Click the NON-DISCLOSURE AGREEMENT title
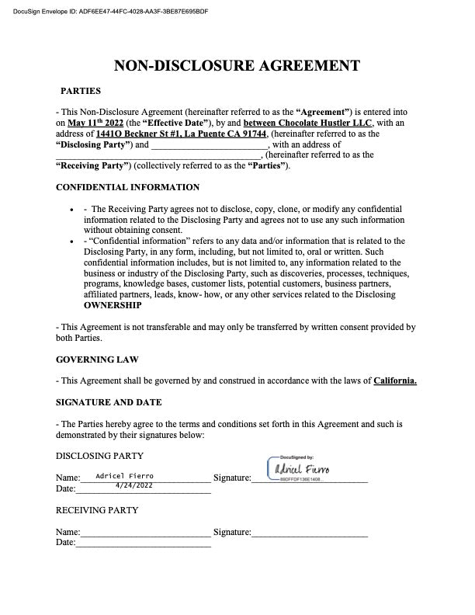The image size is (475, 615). (x=237, y=66)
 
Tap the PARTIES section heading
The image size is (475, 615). (x=81, y=91)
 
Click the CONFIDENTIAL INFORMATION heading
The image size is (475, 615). (x=127, y=187)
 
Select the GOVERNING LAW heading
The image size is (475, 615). (x=95, y=360)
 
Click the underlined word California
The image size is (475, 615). (x=395, y=380)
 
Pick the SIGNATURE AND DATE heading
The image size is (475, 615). (x=109, y=402)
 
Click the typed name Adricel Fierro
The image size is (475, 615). (x=124, y=475)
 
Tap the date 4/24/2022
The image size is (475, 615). (x=133, y=485)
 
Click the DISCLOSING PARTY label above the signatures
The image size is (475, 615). (x=99, y=456)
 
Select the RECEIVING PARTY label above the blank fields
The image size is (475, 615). (x=97, y=510)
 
